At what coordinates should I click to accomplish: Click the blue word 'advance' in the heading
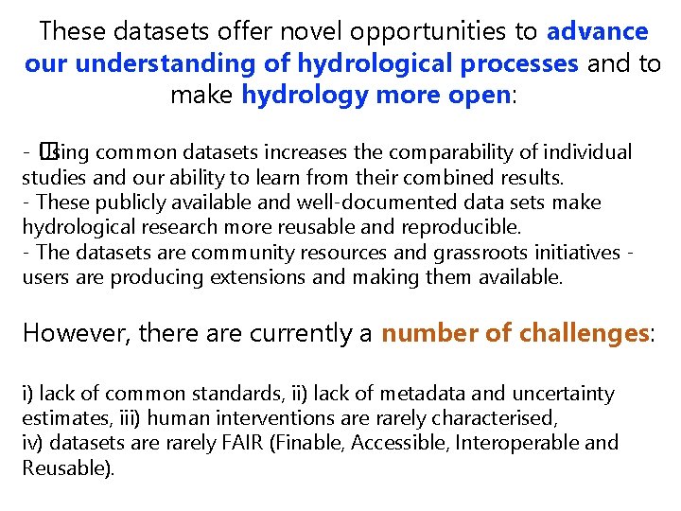click(x=597, y=32)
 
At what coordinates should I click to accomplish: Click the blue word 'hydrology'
click(x=295, y=97)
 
